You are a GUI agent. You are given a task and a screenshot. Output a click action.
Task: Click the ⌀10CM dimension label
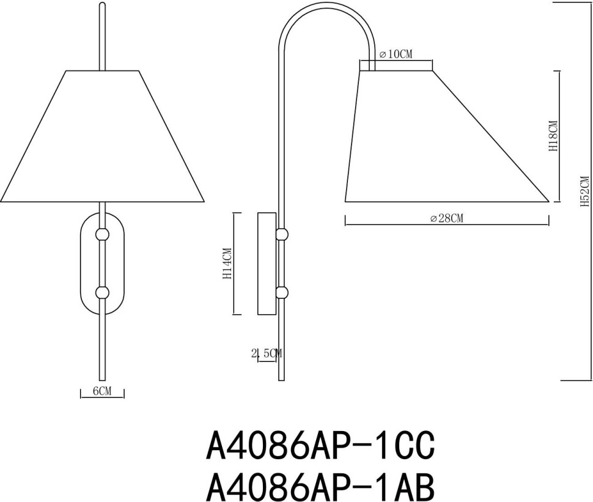(396, 54)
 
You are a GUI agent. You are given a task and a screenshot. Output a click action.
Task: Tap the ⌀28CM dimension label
(446, 219)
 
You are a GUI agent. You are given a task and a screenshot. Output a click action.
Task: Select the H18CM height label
(554, 136)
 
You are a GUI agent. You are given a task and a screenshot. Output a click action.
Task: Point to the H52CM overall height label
(584, 191)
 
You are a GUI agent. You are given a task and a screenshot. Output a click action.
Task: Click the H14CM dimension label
(227, 264)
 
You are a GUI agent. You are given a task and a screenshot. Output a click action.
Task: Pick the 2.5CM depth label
(267, 353)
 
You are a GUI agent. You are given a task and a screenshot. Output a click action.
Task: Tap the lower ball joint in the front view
(102, 292)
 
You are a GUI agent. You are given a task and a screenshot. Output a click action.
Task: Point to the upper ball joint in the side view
(282, 234)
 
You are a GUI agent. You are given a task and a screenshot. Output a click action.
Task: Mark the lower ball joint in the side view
(282, 292)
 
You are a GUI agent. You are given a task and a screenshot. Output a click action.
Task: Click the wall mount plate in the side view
(267, 264)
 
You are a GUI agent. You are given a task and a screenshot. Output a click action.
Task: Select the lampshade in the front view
(102, 138)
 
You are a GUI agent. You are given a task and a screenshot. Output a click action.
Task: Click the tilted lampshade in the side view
(428, 141)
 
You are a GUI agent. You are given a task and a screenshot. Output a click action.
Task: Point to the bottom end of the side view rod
(281, 378)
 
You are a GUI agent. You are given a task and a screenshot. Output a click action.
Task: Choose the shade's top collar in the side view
(396, 65)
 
